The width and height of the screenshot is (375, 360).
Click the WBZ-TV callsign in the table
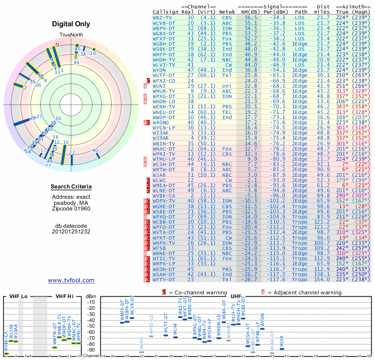tap(162, 17)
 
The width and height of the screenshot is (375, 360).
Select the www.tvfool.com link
tap(71, 280)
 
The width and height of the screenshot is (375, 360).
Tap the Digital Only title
tap(71, 24)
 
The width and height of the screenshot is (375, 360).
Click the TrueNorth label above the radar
tap(71, 35)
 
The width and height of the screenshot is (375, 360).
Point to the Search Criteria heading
tap(71, 187)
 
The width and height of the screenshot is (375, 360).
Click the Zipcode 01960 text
tap(71, 208)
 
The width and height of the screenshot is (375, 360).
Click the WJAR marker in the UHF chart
tap(281, 348)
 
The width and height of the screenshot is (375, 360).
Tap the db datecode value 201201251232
tap(71, 232)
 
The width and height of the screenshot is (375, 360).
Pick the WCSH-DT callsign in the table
tap(164, 164)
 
